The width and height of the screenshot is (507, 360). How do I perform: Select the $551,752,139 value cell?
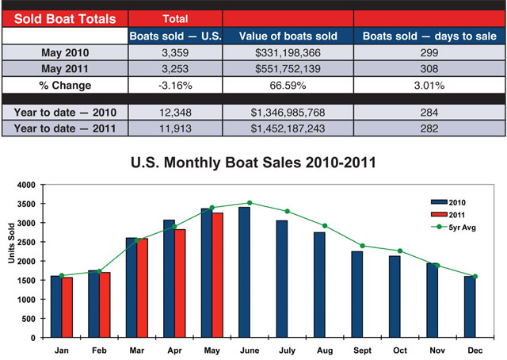coord(287,69)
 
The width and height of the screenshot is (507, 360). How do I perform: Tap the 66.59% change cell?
coord(287,85)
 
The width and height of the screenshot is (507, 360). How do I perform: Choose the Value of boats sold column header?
coord(287,36)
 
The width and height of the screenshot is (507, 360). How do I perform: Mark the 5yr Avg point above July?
coord(287,211)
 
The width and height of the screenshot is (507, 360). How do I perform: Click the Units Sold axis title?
coord(10,262)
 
